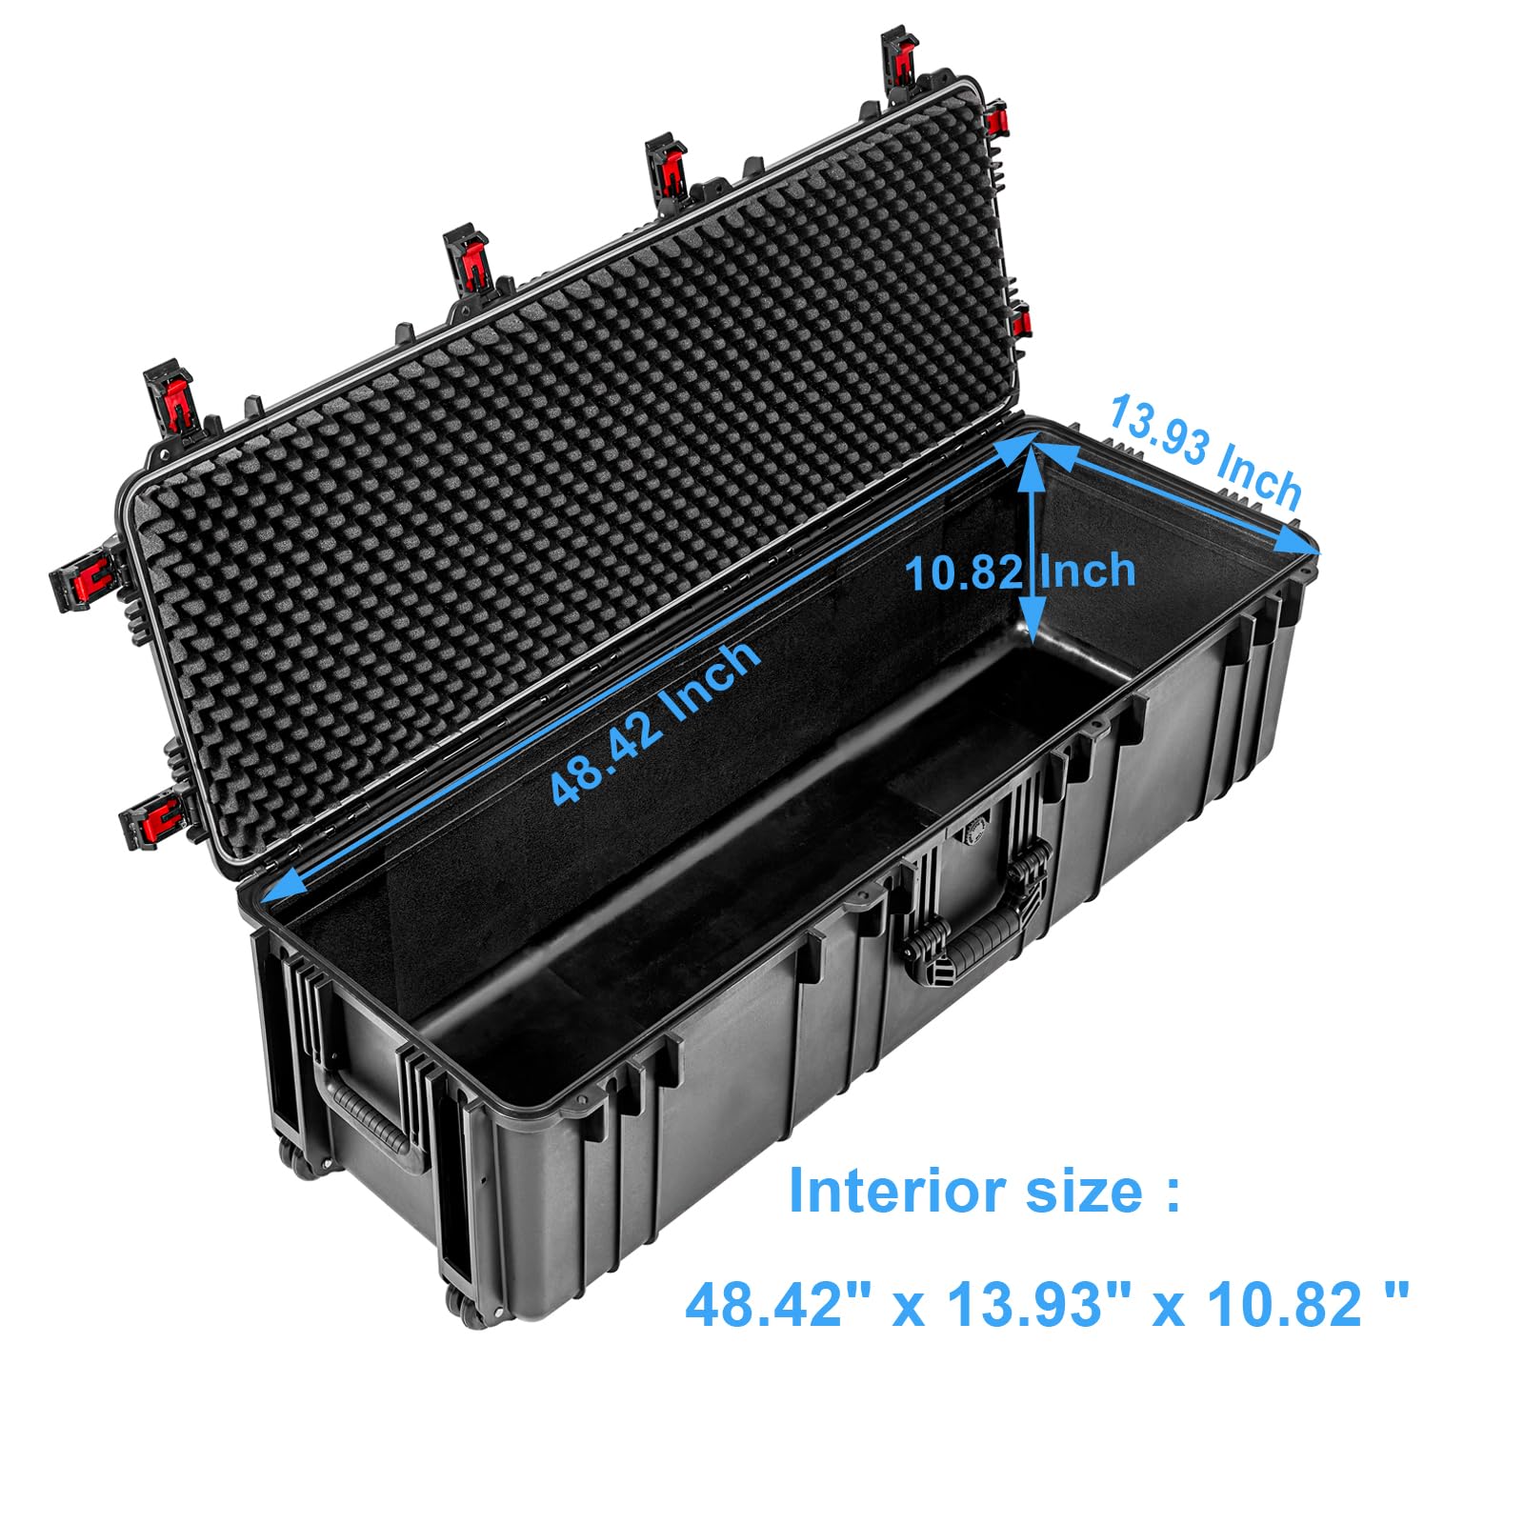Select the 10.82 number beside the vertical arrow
[963, 573]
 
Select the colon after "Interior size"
[1172, 1193]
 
